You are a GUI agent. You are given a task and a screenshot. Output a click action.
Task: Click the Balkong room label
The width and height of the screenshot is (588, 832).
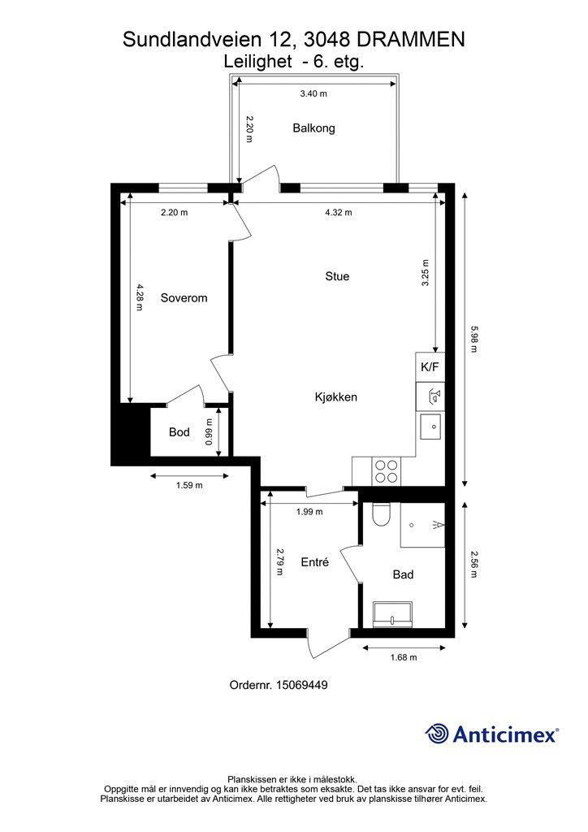[313, 128]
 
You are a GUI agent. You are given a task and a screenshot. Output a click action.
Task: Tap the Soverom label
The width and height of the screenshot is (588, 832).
[184, 298]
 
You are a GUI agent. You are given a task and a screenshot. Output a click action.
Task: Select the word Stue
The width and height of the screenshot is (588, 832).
[337, 276]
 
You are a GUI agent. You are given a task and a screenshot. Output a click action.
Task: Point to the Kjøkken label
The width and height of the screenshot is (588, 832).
[336, 396]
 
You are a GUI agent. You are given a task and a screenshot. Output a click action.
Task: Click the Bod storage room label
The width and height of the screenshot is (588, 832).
[179, 432]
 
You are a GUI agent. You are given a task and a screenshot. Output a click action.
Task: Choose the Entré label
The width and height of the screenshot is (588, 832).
[315, 562]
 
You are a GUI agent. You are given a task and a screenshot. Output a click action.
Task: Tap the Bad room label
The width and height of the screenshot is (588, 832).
[403, 574]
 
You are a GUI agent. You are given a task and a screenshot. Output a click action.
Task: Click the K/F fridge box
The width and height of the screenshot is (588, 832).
[430, 367]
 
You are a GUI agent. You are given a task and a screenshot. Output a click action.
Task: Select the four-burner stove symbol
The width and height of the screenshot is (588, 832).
[386, 471]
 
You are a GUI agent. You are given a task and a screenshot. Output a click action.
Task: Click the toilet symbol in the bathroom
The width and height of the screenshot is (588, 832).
[381, 513]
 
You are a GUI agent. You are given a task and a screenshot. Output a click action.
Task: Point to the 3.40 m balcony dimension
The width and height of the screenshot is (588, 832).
[313, 94]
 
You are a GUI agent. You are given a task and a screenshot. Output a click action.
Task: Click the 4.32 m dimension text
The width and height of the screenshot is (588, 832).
[339, 213]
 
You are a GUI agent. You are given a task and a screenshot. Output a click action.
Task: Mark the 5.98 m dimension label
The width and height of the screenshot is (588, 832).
[473, 339]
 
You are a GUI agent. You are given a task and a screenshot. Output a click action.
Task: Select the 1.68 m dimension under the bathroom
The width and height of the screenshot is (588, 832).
[404, 657]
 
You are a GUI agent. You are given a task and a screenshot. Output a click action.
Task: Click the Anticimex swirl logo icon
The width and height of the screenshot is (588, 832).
[438, 734]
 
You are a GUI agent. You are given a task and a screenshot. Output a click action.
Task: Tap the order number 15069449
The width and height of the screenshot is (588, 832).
[301, 685]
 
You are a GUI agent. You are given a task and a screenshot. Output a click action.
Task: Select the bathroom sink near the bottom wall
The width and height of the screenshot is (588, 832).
[392, 614]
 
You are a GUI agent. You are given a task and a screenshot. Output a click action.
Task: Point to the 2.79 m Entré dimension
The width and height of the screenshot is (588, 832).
[279, 562]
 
